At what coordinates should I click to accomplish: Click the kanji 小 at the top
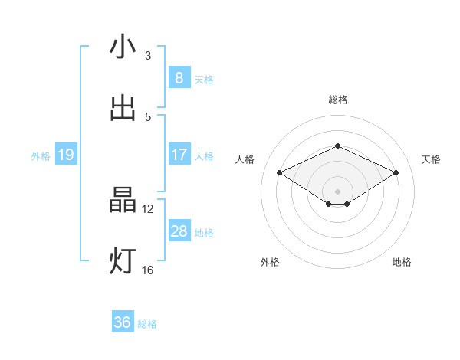[123, 47]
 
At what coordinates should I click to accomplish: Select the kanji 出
[123, 108]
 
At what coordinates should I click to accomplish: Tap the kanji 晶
[123, 201]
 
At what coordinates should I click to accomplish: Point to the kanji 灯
[123, 261]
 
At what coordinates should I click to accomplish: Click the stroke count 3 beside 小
[148, 56]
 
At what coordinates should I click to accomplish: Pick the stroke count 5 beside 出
[148, 116]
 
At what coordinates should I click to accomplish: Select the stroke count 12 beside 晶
[148, 208]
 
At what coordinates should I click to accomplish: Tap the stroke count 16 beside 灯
[148, 270]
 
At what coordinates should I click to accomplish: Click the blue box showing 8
[179, 78]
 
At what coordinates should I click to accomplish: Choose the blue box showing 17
[179, 155]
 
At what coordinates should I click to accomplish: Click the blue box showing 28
[179, 231]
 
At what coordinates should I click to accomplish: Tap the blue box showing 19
[65, 155]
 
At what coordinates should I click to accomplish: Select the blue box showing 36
[122, 323]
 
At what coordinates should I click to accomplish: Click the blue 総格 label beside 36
[147, 324]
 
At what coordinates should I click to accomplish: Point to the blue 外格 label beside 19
[41, 155]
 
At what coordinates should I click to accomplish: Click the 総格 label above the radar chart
[337, 100]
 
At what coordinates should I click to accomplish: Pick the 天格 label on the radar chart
[431, 159]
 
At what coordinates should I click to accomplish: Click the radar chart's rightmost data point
[396, 173]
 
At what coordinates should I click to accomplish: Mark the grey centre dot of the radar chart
[337, 191]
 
